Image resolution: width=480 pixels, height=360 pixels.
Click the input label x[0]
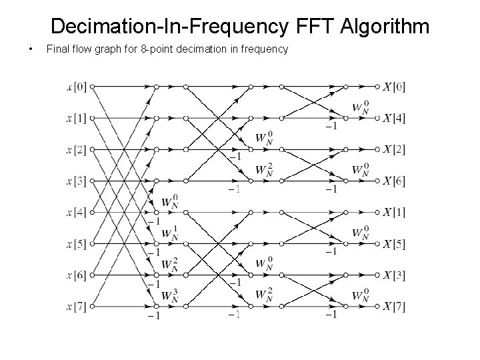pyautogui.click(x=77, y=86)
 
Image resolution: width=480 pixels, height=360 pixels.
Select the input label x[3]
pyautogui.click(x=77, y=181)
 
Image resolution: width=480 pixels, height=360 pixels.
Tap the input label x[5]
pyautogui.click(x=77, y=243)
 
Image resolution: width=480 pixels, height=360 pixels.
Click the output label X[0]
pyautogui.click(x=394, y=86)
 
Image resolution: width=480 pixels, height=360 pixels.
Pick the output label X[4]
pyautogui.click(x=394, y=118)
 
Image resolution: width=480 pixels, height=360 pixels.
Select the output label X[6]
pyautogui.click(x=394, y=181)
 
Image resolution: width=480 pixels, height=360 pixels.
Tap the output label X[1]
pyautogui.click(x=394, y=212)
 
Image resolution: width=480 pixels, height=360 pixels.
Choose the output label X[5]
pyautogui.click(x=394, y=243)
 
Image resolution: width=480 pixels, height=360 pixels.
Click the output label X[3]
pyautogui.click(x=394, y=275)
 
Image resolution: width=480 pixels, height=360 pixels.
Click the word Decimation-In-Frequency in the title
pyautogui.click(x=169, y=27)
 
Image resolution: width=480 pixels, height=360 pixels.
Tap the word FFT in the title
pyautogui.click(x=313, y=27)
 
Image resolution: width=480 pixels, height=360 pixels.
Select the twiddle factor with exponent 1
pyautogui.click(x=171, y=233)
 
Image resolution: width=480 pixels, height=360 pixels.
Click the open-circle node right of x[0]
pyautogui.click(x=93, y=86)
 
